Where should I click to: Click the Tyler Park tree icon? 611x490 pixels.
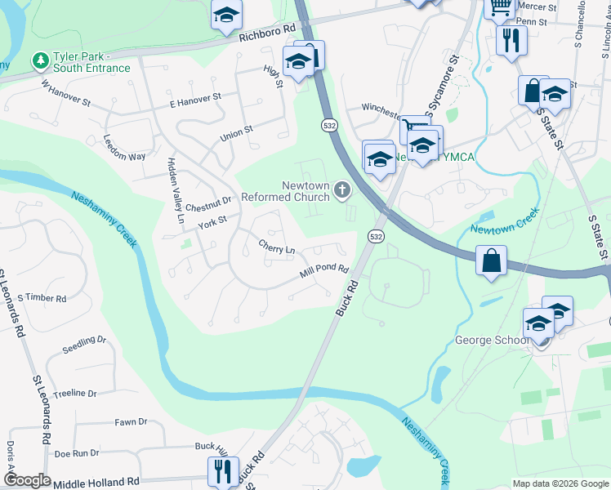tap(38, 60)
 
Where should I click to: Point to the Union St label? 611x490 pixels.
tap(236, 134)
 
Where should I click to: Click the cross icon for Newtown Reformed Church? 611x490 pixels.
tap(341, 191)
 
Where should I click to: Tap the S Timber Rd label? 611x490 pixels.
tap(41, 298)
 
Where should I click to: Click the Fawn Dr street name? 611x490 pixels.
tap(131, 422)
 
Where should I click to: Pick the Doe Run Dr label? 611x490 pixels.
tap(76, 452)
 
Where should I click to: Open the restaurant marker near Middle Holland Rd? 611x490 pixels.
tap(221, 470)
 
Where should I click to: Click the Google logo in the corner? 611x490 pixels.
tap(27, 480)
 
